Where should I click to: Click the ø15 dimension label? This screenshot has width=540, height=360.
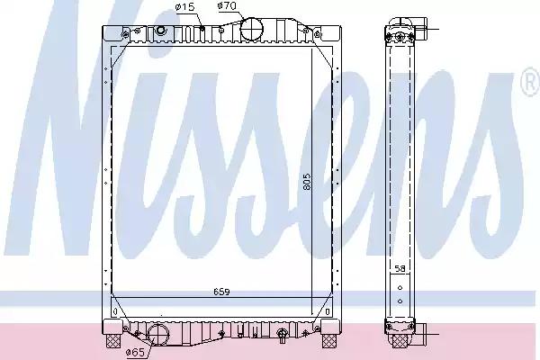pyautogui.click(x=184, y=7)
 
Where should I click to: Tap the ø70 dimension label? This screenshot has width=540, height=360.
pyautogui.click(x=227, y=6)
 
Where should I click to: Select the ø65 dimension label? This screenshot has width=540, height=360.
pyautogui.click(x=135, y=352)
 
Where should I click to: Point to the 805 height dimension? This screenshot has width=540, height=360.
pyautogui.click(x=307, y=181)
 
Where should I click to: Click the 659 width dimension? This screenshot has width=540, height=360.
pyautogui.click(x=221, y=292)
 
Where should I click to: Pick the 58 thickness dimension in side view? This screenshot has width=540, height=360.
pyautogui.click(x=400, y=269)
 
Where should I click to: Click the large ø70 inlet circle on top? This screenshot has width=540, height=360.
pyautogui.click(x=251, y=29)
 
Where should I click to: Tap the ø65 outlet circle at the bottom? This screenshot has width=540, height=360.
pyautogui.click(x=158, y=335)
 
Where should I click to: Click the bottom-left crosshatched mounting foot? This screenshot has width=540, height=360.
pyautogui.click(x=113, y=341)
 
